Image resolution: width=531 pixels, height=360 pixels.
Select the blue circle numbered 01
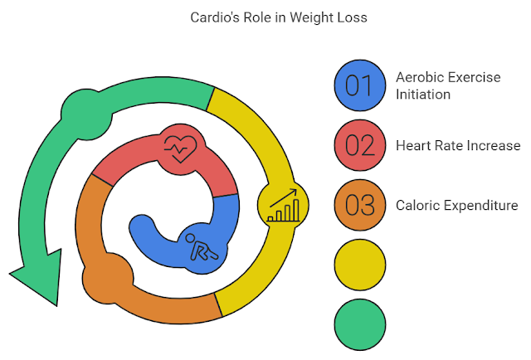pyautogui.click(x=360, y=85)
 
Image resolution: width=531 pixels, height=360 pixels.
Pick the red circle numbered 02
pyautogui.click(x=360, y=145)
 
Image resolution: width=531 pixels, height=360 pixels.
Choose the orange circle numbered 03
pyautogui.click(x=360, y=205)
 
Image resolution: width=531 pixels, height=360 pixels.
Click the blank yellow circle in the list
pyautogui.click(x=360, y=265)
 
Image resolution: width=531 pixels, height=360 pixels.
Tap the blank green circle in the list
pyautogui.click(x=360, y=324)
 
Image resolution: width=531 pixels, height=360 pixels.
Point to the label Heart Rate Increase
pyautogui.click(x=458, y=146)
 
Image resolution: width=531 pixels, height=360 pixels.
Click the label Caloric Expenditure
pyautogui.click(x=457, y=205)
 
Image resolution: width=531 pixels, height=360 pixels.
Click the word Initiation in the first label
pyautogui.click(x=423, y=95)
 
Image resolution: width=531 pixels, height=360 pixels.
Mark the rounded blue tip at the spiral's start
pyautogui.click(x=144, y=229)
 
